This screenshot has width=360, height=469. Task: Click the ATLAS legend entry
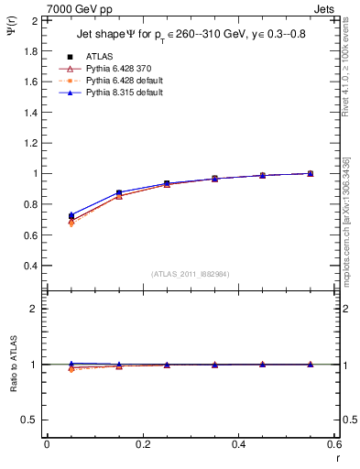coord(99,55)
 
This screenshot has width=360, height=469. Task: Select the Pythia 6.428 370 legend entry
coord(116,68)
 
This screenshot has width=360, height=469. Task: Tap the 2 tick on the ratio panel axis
coord(35,309)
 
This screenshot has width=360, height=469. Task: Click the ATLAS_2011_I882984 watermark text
coord(190,274)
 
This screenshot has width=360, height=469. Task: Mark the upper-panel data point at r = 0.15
coord(119,193)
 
